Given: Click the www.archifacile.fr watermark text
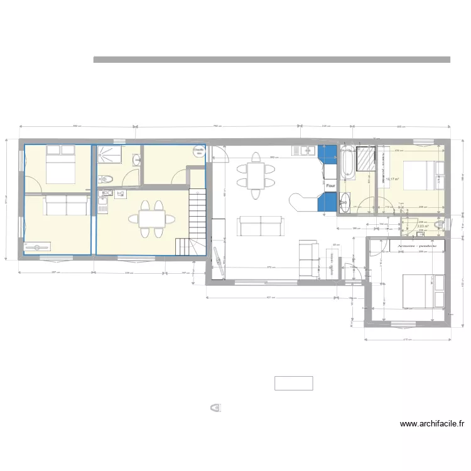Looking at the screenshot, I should [432, 424].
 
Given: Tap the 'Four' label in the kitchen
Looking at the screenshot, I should [330, 186].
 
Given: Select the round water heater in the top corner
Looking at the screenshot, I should [199, 151].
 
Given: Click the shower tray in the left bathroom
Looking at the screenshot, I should [111, 153].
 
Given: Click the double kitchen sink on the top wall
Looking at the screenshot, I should [305, 150].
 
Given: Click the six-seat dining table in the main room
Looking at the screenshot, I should [255, 175].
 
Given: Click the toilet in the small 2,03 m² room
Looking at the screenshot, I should [440, 225].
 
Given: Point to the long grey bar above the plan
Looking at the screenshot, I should [271, 60].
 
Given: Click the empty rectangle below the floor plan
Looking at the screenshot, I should [293, 383].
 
